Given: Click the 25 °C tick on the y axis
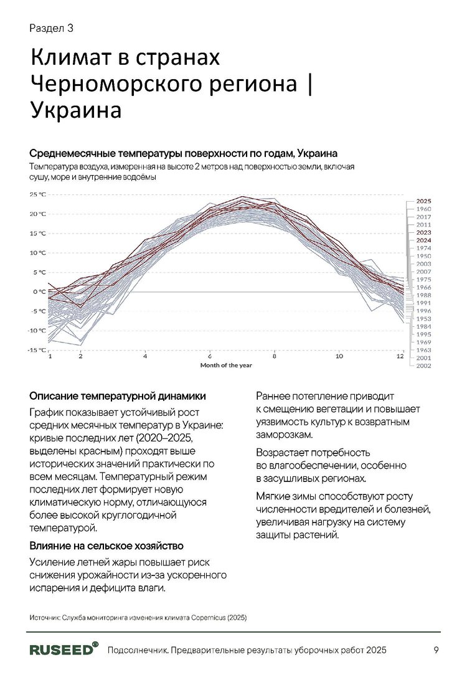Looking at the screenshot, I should pyautogui.click(x=37, y=194).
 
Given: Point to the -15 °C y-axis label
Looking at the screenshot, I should pyautogui.click(x=36, y=350).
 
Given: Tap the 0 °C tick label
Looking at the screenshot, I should pyautogui.click(x=39, y=291).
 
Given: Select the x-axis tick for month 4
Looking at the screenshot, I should pyautogui.click(x=144, y=357).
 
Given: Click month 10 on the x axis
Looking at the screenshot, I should pyautogui.click(x=339, y=357).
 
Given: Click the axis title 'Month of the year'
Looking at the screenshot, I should pyautogui.click(x=225, y=365).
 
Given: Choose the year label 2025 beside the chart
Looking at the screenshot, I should pyautogui.click(x=423, y=201).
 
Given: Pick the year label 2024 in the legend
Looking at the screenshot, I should pyautogui.click(x=423, y=240).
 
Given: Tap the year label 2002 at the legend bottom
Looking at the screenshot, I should pyautogui.click(x=423, y=366).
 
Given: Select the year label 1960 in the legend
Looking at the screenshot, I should pyautogui.click(x=423, y=209).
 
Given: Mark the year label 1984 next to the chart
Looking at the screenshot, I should pyautogui.click(x=423, y=326).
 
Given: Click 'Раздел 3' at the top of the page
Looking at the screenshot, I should pyautogui.click(x=52, y=27).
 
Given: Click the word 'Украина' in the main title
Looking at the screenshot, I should pyautogui.click(x=75, y=110).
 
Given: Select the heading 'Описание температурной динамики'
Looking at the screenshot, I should pyautogui.click(x=118, y=396).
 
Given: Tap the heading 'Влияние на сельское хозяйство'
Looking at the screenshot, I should pyautogui.click(x=106, y=546).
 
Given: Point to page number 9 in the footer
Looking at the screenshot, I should pyautogui.click(x=436, y=650).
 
